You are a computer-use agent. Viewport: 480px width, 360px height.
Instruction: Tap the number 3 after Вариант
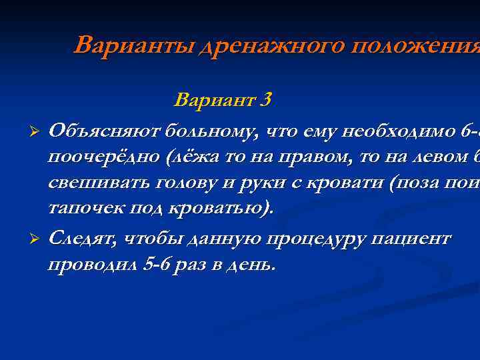pos(266,101)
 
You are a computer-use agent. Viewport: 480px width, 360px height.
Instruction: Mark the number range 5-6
pos(157,265)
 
